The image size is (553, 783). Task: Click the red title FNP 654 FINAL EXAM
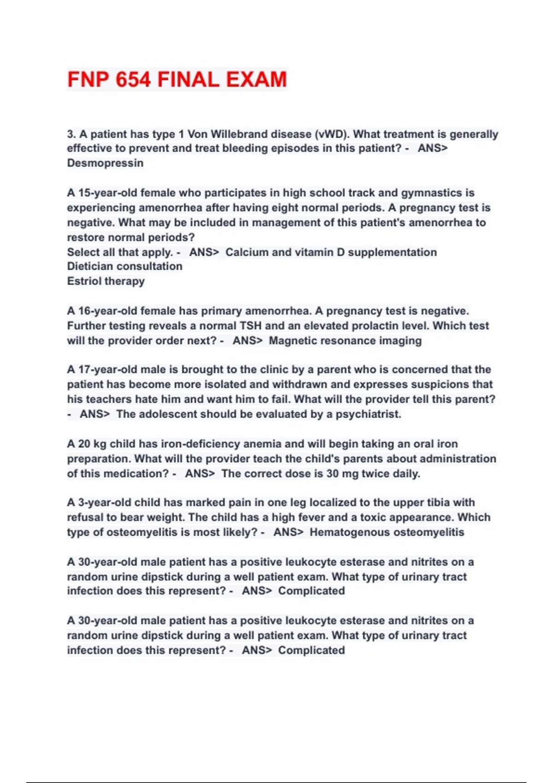click(x=177, y=79)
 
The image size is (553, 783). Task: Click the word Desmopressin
click(x=105, y=163)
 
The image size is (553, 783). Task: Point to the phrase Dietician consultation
click(x=124, y=266)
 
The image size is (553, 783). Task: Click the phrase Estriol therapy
click(x=106, y=281)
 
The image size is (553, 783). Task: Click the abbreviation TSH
click(x=251, y=326)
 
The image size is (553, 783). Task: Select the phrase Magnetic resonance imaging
click(x=345, y=341)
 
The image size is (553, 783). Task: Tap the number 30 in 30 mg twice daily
click(x=332, y=473)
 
